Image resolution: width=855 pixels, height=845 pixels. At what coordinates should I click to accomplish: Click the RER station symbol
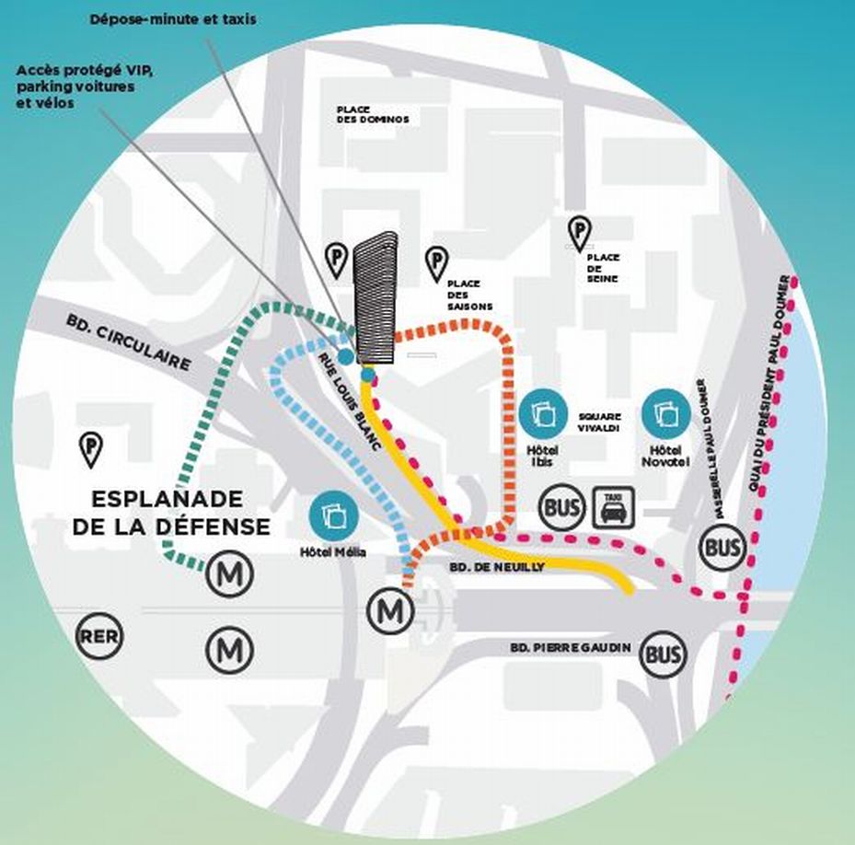click(99, 636)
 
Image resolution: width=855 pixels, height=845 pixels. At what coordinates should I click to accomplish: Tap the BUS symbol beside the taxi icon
click(561, 507)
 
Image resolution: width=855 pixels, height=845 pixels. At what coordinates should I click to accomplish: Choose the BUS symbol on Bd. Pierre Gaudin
click(664, 654)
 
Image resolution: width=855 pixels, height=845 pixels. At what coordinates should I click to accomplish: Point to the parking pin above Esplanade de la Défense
click(92, 447)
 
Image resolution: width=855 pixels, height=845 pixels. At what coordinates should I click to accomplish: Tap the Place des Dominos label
click(372, 114)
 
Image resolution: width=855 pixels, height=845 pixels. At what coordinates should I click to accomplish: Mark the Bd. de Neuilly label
click(499, 567)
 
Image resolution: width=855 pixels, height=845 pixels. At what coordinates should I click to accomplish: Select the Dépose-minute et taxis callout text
click(173, 18)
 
